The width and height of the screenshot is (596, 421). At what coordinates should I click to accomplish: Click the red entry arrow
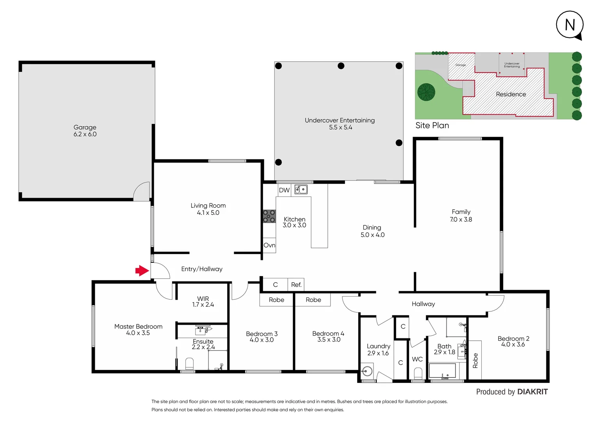142,271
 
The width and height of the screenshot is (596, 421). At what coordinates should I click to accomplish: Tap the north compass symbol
570,25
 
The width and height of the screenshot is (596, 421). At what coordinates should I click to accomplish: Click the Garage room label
85,127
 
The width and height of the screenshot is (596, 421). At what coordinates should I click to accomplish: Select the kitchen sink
301,189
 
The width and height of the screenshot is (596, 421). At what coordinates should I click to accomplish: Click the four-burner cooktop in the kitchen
269,216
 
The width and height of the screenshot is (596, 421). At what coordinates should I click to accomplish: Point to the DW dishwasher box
284,190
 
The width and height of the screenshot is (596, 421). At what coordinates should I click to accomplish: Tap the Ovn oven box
269,245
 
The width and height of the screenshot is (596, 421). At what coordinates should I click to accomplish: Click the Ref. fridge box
296,285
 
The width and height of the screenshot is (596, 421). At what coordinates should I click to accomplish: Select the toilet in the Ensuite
189,364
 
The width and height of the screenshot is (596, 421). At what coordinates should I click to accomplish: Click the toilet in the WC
418,374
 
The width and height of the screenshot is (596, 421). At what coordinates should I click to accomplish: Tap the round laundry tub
367,370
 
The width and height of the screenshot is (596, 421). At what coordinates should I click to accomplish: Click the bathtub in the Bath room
442,371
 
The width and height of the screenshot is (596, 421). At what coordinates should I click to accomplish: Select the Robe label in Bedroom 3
276,300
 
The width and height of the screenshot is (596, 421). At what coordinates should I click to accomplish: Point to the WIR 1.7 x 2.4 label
203,302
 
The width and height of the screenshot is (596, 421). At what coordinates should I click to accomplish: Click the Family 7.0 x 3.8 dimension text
461,219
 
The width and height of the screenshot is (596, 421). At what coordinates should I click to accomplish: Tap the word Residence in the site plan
511,94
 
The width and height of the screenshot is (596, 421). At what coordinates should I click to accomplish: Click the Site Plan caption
432,126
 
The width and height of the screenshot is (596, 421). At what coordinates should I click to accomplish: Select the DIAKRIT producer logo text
532,392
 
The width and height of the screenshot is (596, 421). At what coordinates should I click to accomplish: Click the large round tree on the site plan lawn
426,92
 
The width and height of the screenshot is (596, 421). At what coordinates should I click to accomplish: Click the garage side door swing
142,191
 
